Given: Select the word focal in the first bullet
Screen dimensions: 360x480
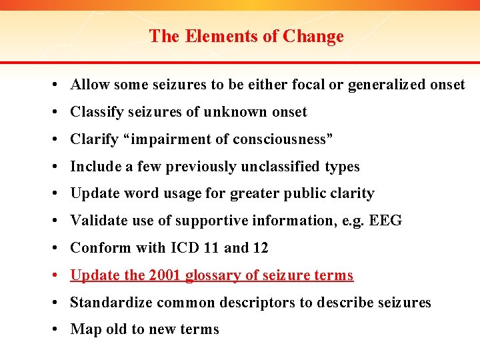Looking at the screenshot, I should (x=309, y=85).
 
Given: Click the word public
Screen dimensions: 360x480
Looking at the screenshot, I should (x=315, y=194).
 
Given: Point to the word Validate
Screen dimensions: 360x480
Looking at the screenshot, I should (x=97, y=221).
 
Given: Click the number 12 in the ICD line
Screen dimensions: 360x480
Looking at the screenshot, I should (x=261, y=248).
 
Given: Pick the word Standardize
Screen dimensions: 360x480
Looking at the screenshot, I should (x=111, y=303).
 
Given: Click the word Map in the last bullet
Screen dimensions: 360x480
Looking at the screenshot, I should (x=85, y=329).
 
